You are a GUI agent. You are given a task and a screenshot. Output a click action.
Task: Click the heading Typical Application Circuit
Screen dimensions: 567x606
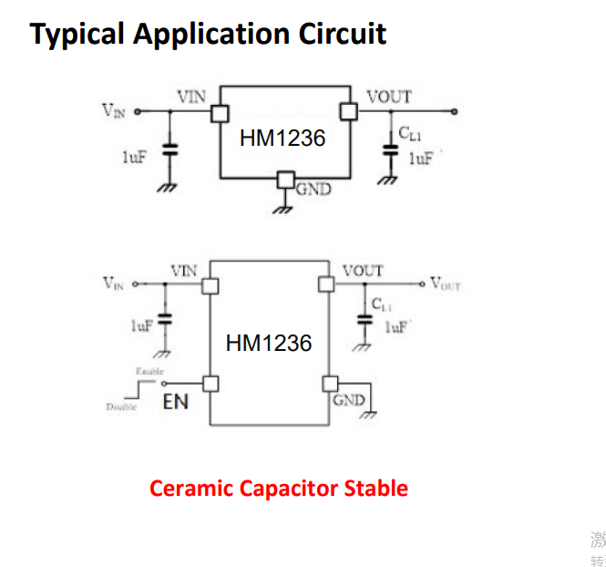click(x=208, y=34)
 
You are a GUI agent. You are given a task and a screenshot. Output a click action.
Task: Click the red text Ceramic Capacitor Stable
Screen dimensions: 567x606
click(x=278, y=488)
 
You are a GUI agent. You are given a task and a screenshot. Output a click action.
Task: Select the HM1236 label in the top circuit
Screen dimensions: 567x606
click(x=282, y=139)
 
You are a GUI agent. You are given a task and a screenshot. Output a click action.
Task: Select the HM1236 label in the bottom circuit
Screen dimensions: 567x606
click(x=268, y=343)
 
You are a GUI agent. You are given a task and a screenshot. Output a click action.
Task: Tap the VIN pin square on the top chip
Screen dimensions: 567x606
click(x=220, y=112)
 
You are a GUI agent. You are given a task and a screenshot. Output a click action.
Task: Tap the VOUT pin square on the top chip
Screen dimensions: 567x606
click(x=347, y=111)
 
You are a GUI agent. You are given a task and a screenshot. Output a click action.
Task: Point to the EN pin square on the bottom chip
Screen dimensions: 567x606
click(x=211, y=383)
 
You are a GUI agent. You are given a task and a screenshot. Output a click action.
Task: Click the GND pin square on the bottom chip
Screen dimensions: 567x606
click(x=326, y=383)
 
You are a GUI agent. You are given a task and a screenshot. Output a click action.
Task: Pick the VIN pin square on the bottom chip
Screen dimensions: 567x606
click(x=211, y=284)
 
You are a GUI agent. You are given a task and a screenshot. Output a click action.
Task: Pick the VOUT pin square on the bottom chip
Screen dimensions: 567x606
click(x=326, y=284)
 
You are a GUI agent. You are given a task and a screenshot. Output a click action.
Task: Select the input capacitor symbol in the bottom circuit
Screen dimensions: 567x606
click(x=165, y=320)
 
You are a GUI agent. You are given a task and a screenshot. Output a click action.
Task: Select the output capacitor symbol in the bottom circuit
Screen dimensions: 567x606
click(x=365, y=320)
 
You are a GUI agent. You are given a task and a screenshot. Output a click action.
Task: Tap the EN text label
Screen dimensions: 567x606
click(x=175, y=401)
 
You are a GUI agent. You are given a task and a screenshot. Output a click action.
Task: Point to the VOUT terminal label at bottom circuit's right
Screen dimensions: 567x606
click(x=446, y=284)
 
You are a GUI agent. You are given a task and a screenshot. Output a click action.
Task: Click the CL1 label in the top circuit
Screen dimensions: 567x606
click(x=410, y=136)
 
